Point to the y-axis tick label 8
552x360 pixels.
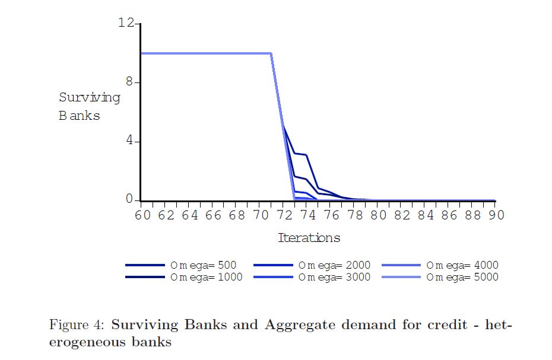click(x=131, y=82)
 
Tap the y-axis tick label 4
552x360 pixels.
click(x=131, y=141)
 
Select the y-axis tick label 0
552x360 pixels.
click(x=131, y=200)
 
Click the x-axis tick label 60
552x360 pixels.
click(x=142, y=215)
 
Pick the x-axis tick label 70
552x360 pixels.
click(x=261, y=215)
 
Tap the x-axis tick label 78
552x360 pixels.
click(x=355, y=215)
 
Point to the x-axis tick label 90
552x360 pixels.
click(x=496, y=215)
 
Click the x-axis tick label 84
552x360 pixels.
click(x=426, y=215)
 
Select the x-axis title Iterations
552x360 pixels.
click(x=309, y=238)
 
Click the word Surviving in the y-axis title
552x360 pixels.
click(x=89, y=97)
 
